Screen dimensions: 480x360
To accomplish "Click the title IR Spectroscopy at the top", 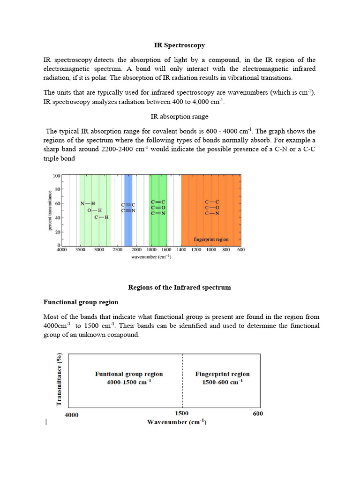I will coord(180,45).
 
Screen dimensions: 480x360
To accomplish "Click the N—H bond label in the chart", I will coord(88,203).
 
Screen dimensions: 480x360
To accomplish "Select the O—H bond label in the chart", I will coord(94,210).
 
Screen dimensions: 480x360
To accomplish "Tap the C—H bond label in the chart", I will coord(102,217).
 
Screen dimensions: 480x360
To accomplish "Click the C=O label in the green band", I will coord(158,208).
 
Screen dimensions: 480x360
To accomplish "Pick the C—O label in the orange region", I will coord(212,208).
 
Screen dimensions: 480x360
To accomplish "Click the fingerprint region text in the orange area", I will coord(211,239).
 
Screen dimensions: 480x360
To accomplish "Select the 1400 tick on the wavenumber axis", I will coord(181,250).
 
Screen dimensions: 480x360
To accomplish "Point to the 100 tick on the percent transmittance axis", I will coord(56,176).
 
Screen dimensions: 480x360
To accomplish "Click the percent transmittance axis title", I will coord(49,210).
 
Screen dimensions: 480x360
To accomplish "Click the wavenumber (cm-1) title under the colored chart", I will coord(151,257).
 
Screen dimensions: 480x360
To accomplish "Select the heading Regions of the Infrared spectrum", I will coord(180,287).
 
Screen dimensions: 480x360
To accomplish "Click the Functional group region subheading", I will coord(81,302).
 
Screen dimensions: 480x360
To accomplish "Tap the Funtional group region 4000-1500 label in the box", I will coord(129,378).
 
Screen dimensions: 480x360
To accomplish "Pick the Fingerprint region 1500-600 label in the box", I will coord(222,378).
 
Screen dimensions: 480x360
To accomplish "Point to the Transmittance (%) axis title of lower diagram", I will coord(59,380).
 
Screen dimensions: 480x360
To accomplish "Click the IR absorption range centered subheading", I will coord(180,116).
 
